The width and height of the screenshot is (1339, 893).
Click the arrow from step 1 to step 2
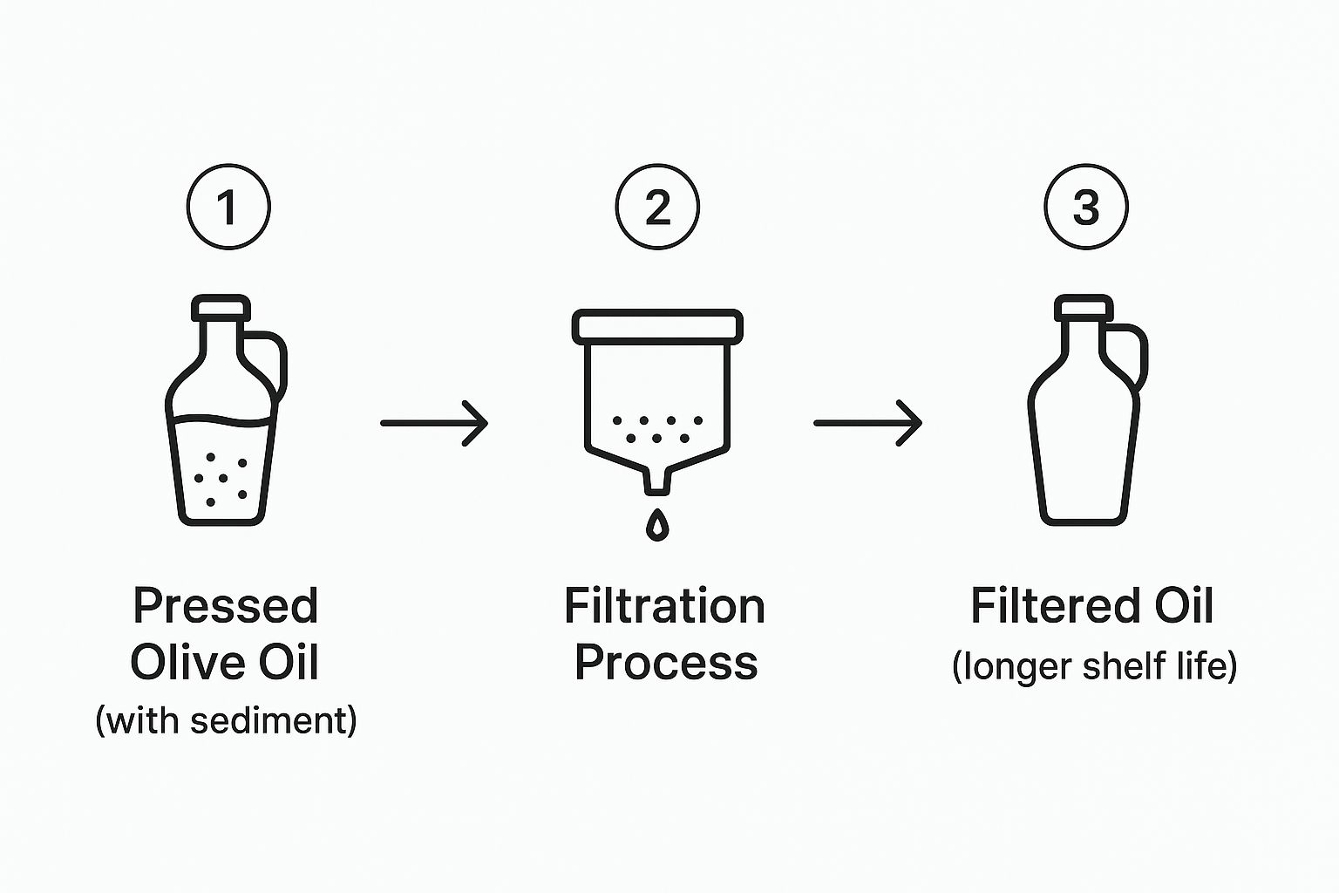click(435, 423)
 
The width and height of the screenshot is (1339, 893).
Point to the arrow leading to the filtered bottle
click(868, 423)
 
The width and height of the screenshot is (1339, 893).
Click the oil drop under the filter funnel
click(657, 525)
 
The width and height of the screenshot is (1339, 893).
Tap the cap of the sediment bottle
click(221, 308)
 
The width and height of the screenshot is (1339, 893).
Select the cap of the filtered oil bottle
click(1084, 308)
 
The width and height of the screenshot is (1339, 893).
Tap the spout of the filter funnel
click(657, 481)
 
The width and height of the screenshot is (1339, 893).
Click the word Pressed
click(226, 605)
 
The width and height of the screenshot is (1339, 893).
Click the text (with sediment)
click(226, 719)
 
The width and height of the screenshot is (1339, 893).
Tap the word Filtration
click(665, 605)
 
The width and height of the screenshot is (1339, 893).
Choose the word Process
click(667, 663)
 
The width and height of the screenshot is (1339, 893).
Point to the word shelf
click(1124, 665)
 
